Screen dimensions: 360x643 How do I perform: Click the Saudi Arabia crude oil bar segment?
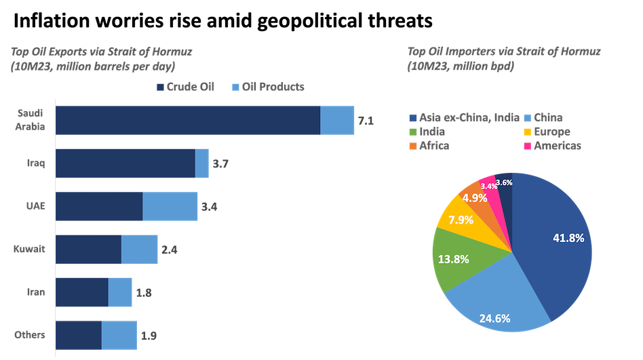[187, 120]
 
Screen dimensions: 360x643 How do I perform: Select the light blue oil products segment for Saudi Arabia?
[337, 120]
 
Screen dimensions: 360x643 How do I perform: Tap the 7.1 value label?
[366, 121]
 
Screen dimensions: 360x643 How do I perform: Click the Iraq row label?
[35, 163]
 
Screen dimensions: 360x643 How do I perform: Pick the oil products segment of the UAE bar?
[170, 206]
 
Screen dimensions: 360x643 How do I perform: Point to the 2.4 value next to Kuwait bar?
[169, 249]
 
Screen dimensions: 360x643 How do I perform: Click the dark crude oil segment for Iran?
[81, 292]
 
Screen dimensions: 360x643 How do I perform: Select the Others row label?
[30, 335]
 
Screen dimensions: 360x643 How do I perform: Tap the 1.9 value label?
[149, 336]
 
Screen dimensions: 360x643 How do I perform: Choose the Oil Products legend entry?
[267, 87]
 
